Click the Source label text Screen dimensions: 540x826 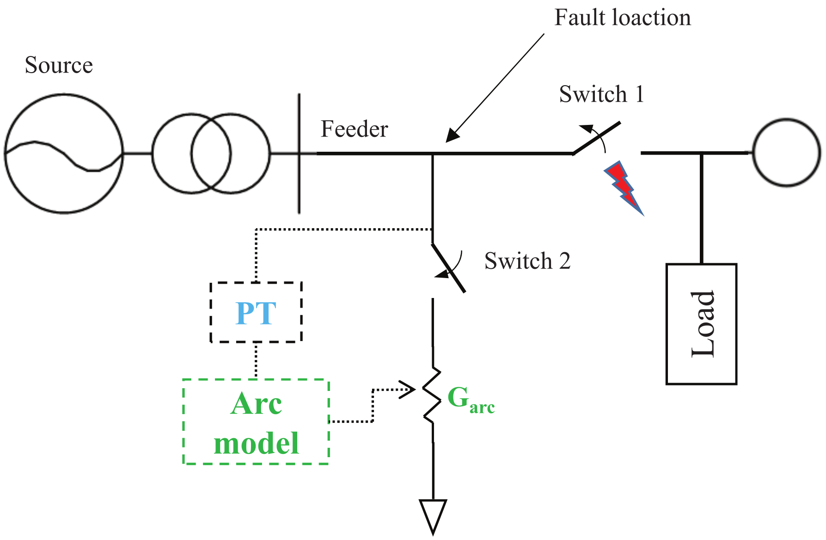59,65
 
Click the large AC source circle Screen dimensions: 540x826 64,153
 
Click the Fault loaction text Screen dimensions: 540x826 622,18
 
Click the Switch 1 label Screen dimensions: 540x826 601,94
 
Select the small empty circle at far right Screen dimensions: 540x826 786,153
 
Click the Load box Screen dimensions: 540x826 701,324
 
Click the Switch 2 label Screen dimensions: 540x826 527,261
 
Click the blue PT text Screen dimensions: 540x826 256,313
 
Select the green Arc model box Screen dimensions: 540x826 256,422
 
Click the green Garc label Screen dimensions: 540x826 470,399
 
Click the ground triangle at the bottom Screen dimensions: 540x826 433,515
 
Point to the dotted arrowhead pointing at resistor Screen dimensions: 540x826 410,390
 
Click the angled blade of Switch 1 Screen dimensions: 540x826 596,138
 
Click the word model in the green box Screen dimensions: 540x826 256,443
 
